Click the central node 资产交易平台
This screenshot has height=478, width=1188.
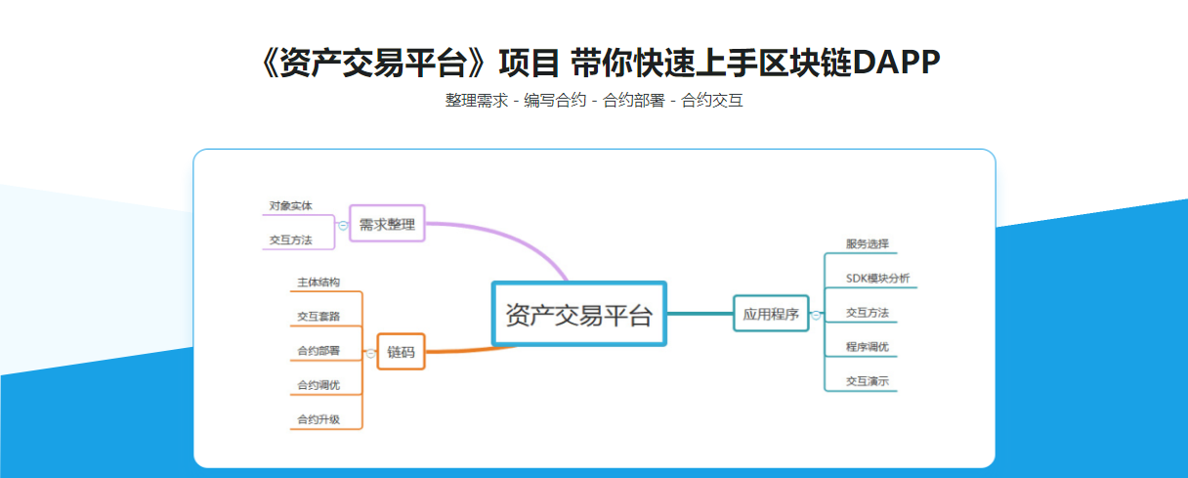click(578, 314)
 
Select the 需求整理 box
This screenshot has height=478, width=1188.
click(387, 224)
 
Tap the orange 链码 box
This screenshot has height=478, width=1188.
click(401, 353)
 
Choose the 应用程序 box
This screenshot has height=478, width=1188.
click(771, 314)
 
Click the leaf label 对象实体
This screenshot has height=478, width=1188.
click(291, 206)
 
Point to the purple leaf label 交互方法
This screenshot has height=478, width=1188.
click(291, 239)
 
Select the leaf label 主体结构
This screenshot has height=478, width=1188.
click(318, 282)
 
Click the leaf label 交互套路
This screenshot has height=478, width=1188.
click(318, 317)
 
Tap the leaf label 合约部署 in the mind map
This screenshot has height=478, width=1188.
click(318, 351)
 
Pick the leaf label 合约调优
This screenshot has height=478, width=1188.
click(318, 385)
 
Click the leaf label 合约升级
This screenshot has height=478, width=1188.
click(318, 419)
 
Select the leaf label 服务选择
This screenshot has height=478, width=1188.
click(868, 243)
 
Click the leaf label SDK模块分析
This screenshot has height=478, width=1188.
click(877, 279)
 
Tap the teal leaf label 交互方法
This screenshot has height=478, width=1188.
click(868, 313)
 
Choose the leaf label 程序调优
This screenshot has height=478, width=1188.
click(868, 347)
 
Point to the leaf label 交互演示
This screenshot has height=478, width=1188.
click(868, 381)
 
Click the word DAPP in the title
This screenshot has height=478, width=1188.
click(896, 63)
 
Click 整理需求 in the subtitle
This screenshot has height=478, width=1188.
click(477, 100)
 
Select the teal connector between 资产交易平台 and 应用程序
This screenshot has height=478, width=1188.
click(700, 313)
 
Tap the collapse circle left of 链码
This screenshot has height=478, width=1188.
click(371, 353)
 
